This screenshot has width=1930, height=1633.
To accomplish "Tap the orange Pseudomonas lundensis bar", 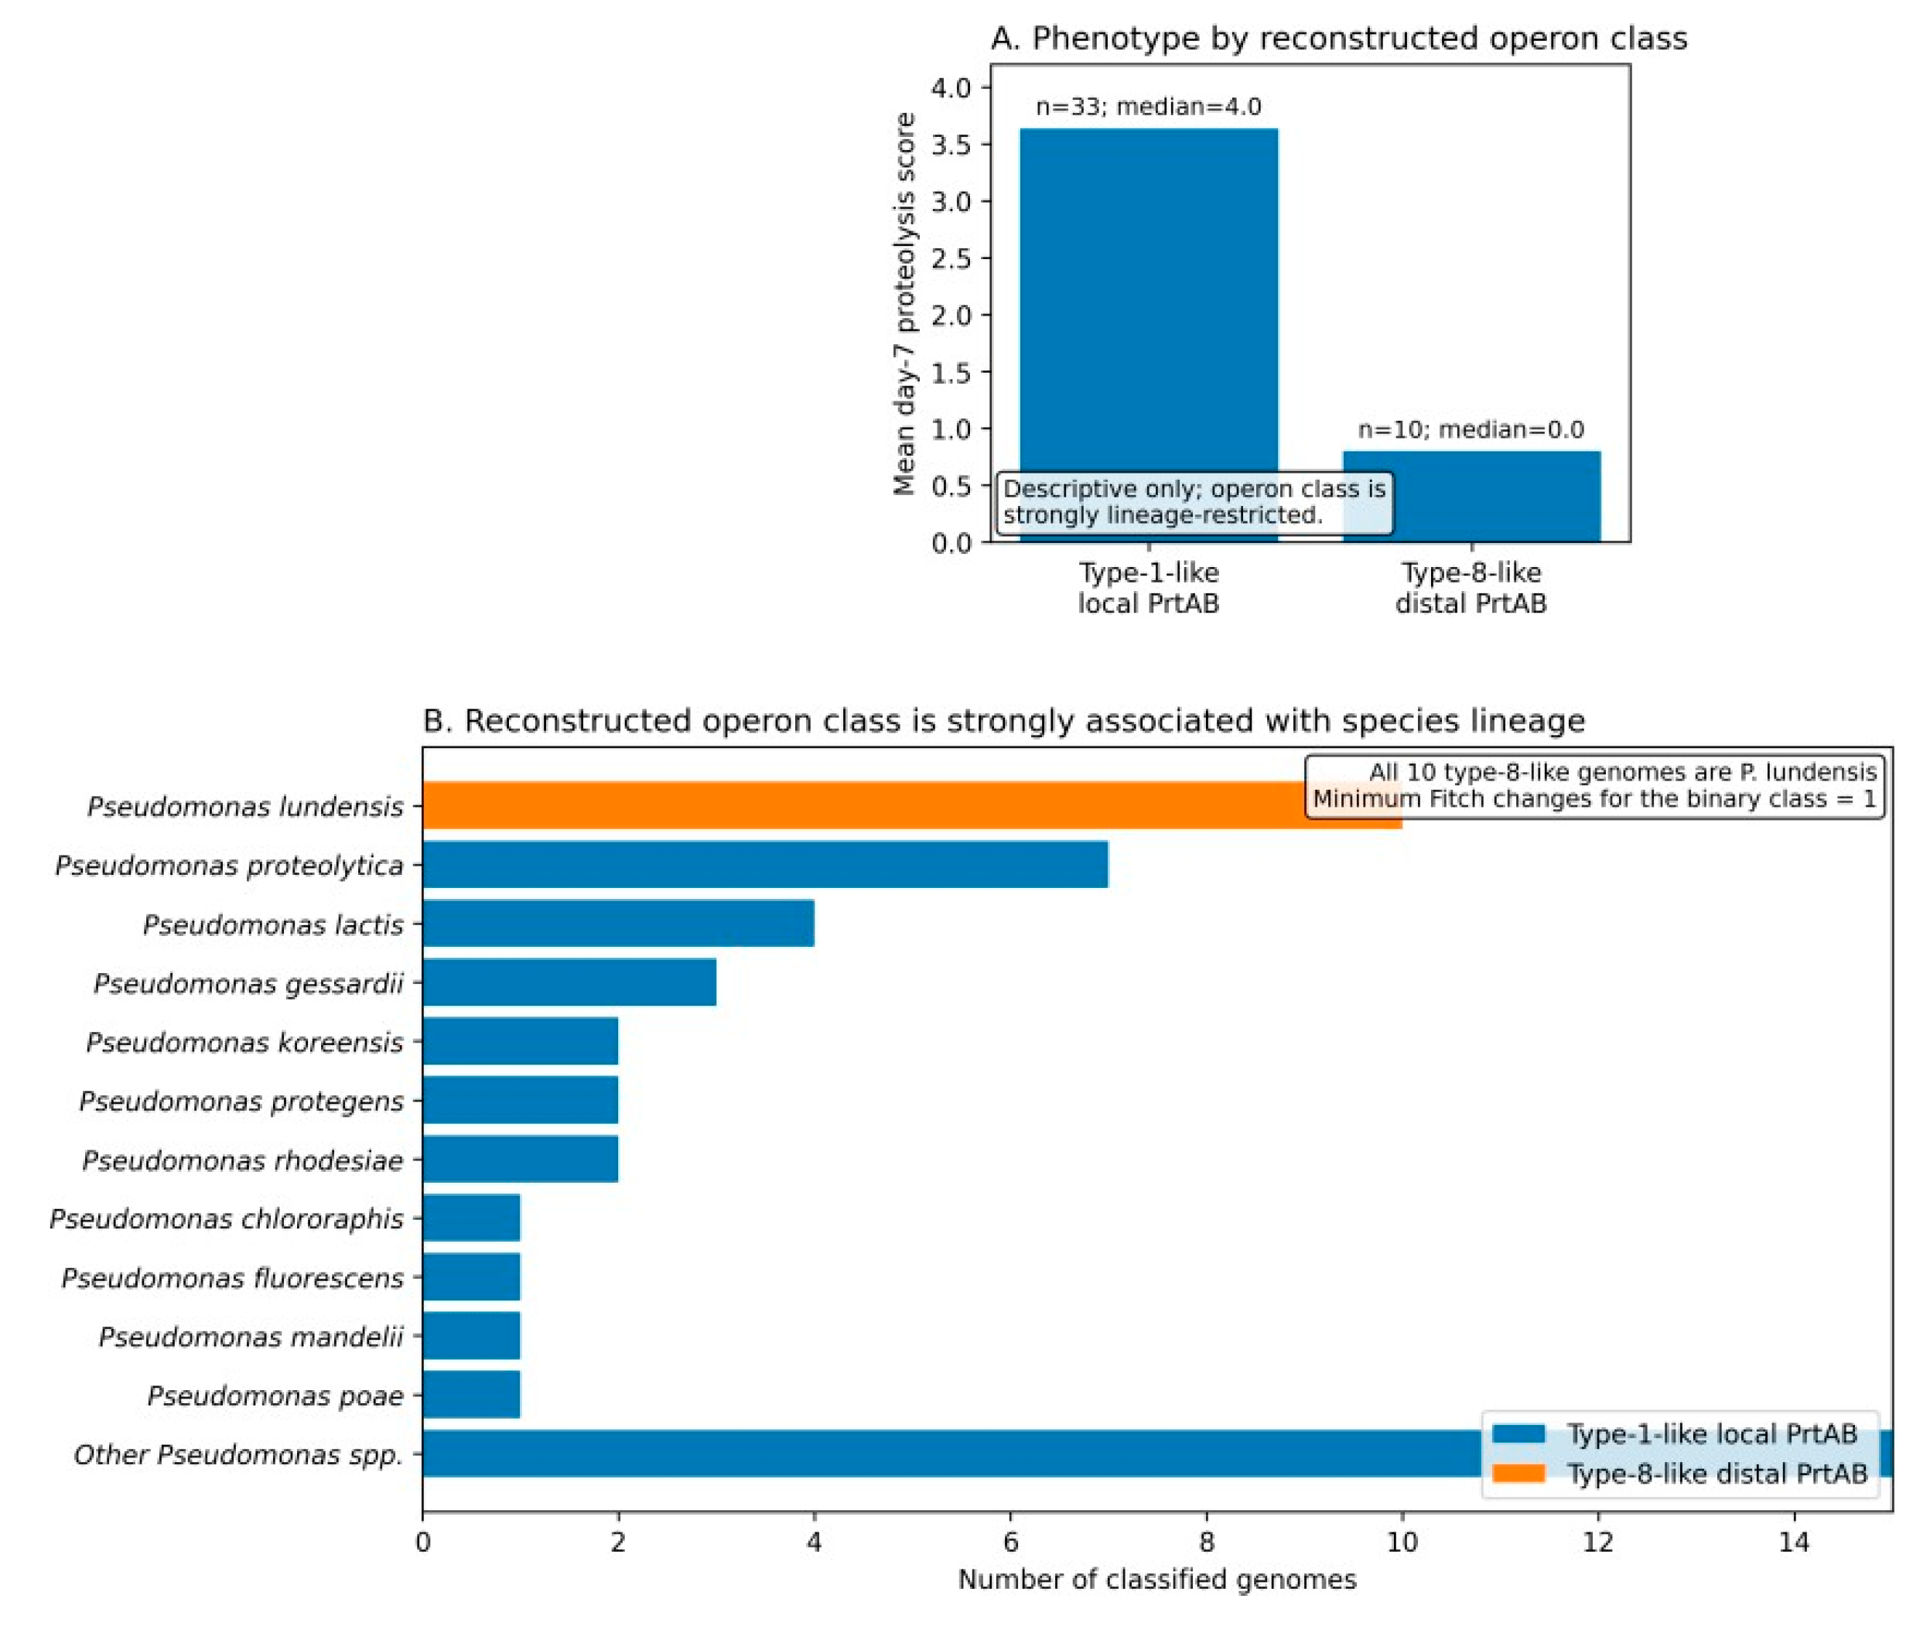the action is pyautogui.click(x=912, y=805).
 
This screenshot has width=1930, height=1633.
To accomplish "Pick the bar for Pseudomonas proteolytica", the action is pyautogui.click(x=766, y=864).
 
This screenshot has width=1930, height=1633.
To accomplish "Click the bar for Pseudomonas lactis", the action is pyautogui.click(x=618, y=923).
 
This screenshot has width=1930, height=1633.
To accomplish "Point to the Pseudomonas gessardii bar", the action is pyautogui.click(x=569, y=982).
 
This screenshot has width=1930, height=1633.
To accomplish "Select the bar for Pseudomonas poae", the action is pyautogui.click(x=471, y=1394).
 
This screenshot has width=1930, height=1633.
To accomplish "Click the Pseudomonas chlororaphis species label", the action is pyautogui.click(x=227, y=1218).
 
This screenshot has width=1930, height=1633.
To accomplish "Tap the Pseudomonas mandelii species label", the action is pyautogui.click(x=251, y=1336).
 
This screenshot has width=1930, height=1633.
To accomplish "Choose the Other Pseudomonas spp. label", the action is pyautogui.click(x=239, y=1454).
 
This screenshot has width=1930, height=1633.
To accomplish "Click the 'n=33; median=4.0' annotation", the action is pyautogui.click(x=1148, y=107).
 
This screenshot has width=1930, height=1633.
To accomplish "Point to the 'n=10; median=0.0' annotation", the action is pyautogui.click(x=1471, y=429).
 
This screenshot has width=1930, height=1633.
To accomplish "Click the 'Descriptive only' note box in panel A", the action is pyautogui.click(x=1194, y=502).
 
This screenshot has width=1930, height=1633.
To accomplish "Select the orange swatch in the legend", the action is pyautogui.click(x=1519, y=1473).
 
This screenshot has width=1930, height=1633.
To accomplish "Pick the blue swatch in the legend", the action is pyautogui.click(x=1519, y=1433).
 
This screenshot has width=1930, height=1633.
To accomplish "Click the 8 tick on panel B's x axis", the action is pyautogui.click(x=1206, y=1542).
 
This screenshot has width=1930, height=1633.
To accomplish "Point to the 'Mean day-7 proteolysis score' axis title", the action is pyautogui.click(x=904, y=304).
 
